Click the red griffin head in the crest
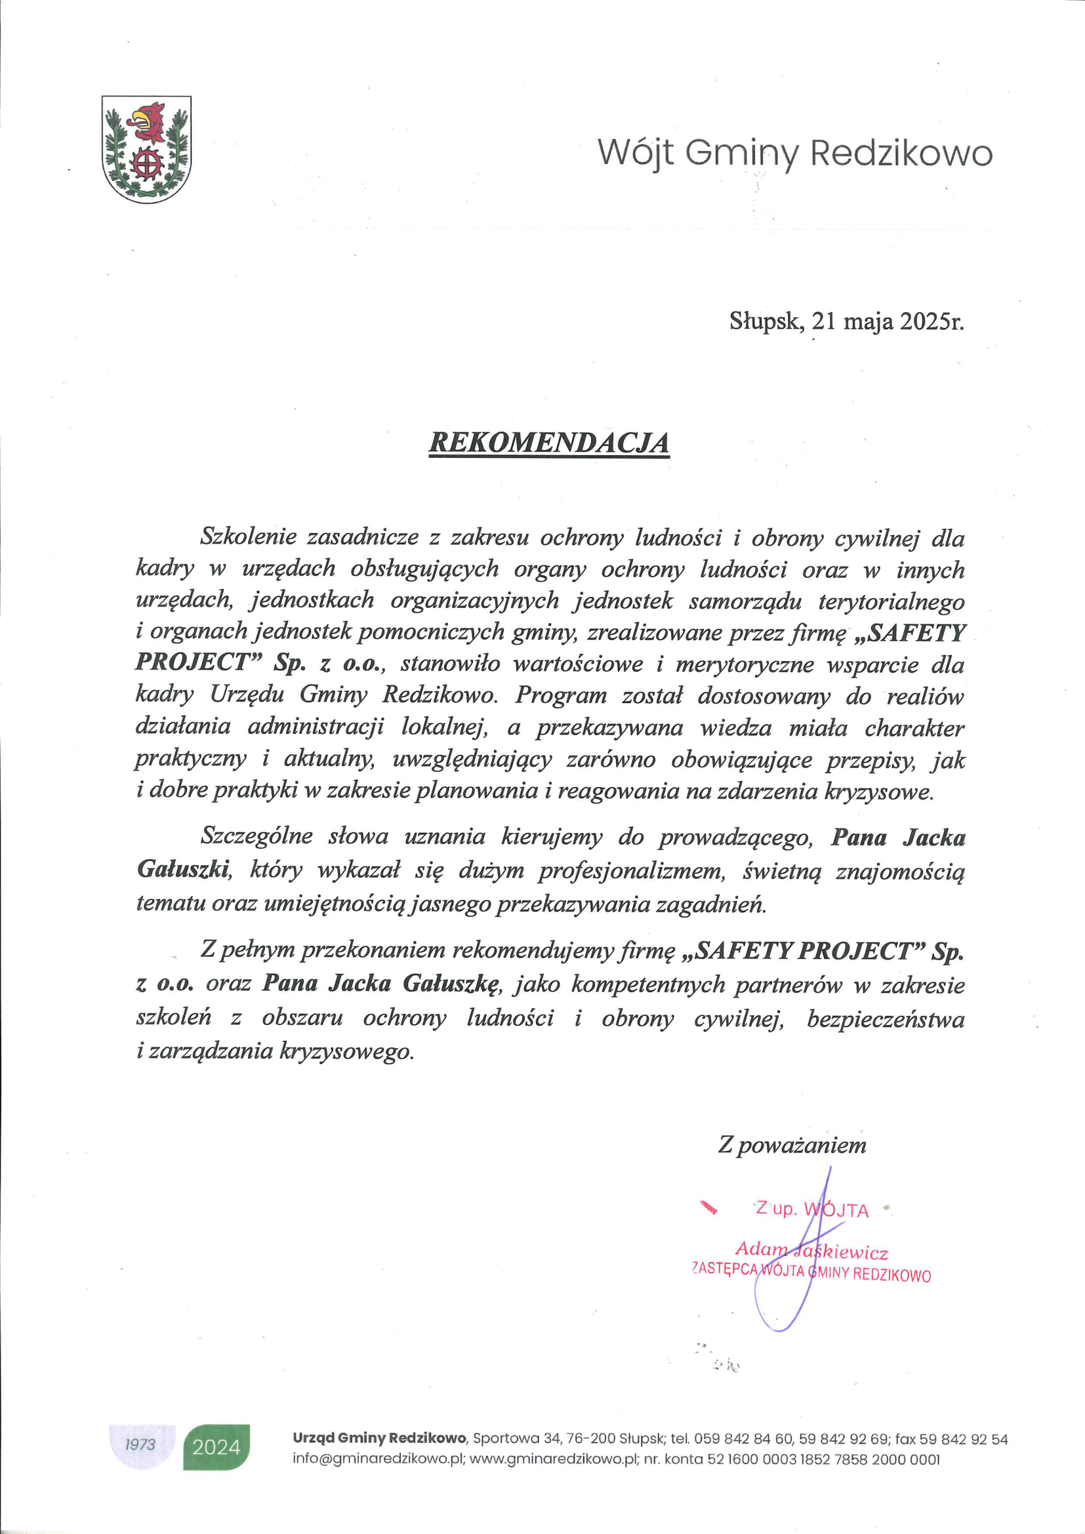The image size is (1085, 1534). pos(150,120)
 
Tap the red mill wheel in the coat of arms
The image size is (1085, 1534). pos(147,163)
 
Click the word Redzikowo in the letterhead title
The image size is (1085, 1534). pos(901,153)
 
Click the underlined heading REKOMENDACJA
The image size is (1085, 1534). pos(548,442)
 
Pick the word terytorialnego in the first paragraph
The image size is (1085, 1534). pos(891,601)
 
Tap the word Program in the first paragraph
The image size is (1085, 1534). pos(560,695)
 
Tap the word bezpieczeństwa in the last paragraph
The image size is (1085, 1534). pos(885,1019)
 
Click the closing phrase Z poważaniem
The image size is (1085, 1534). pos(792,1144)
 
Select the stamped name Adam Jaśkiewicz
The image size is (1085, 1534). pos(811,1250)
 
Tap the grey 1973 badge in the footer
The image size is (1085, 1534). pos(140,1444)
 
